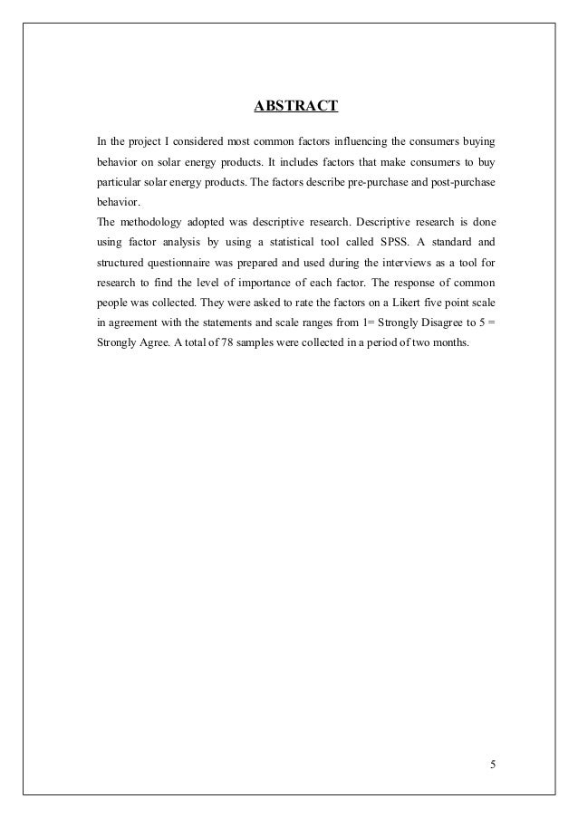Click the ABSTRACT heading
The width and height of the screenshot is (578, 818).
tap(295, 108)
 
